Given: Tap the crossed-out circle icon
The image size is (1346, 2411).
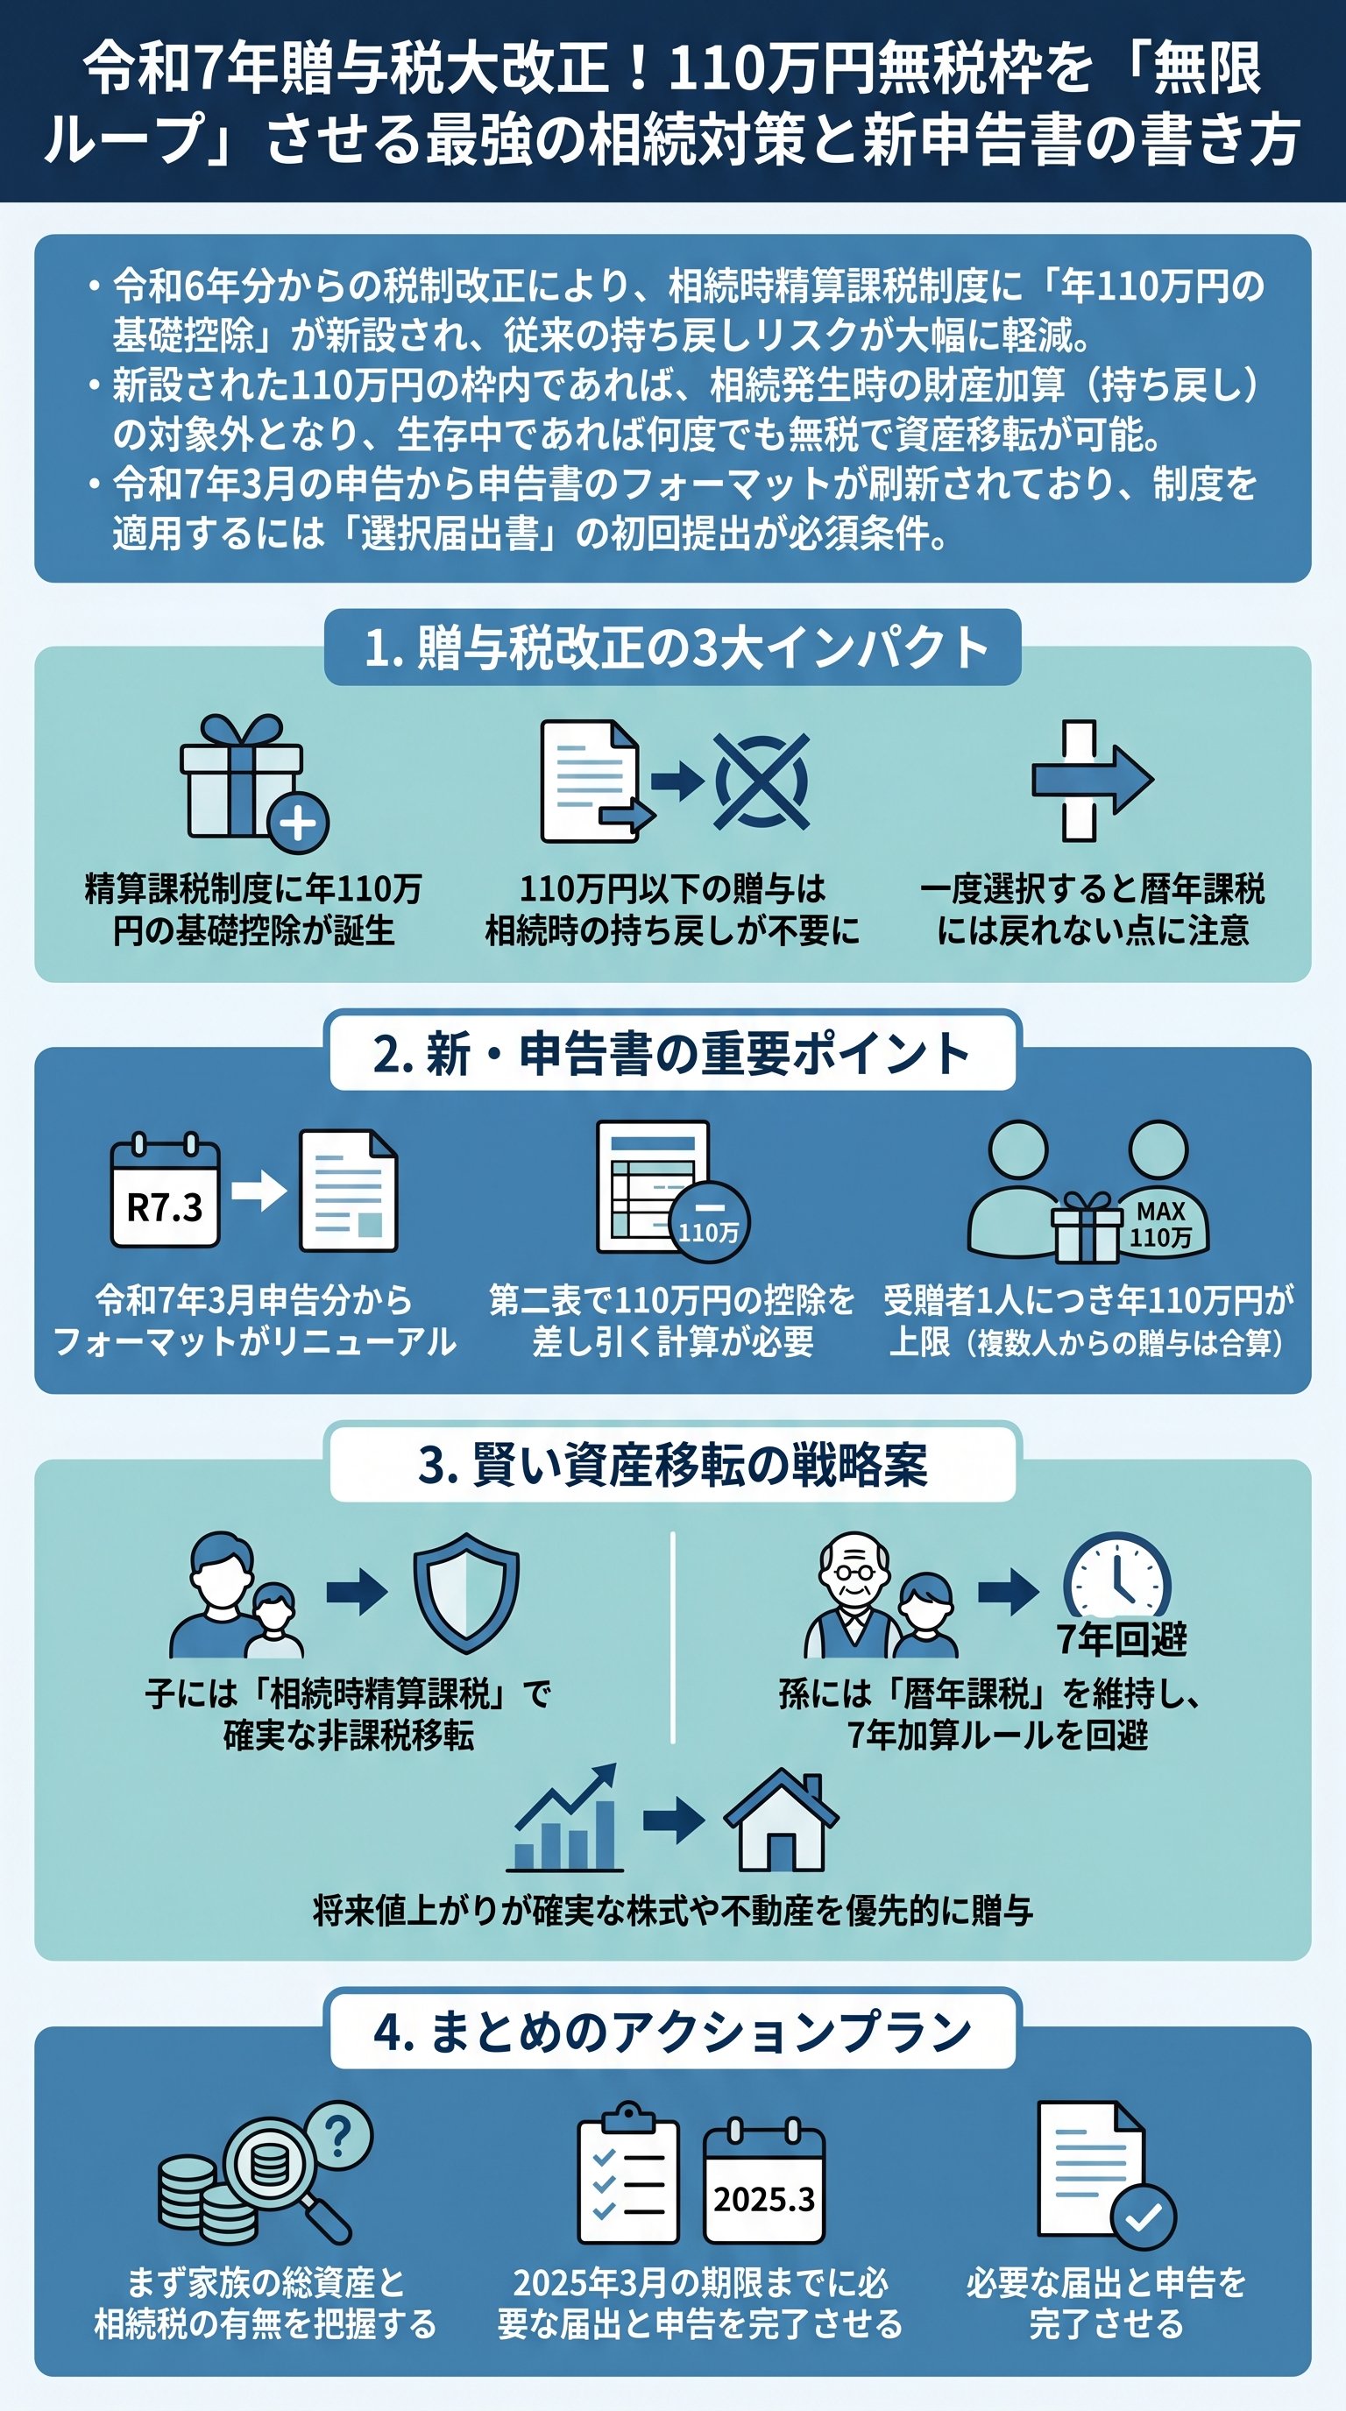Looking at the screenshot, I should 761,780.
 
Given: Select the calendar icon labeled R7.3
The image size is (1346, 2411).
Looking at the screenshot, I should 166,1192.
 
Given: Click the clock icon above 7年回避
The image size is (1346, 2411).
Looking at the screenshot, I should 1116,1580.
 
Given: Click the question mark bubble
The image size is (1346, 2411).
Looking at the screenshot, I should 338,2138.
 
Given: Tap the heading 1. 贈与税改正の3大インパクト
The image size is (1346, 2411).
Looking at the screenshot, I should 673,647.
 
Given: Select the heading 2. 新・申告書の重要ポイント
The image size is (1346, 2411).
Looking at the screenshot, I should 673,1054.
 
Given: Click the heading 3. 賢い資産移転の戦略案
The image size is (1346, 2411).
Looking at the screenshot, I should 673,1465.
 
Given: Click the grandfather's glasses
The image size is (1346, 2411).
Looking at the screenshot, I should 852,1573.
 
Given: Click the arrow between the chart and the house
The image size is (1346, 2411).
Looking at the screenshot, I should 673,1820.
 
